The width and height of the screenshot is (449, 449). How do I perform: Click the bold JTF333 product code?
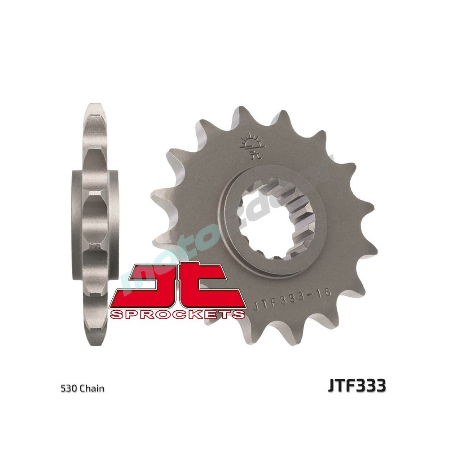357,386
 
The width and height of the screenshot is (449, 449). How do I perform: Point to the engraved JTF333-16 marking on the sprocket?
292,299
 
